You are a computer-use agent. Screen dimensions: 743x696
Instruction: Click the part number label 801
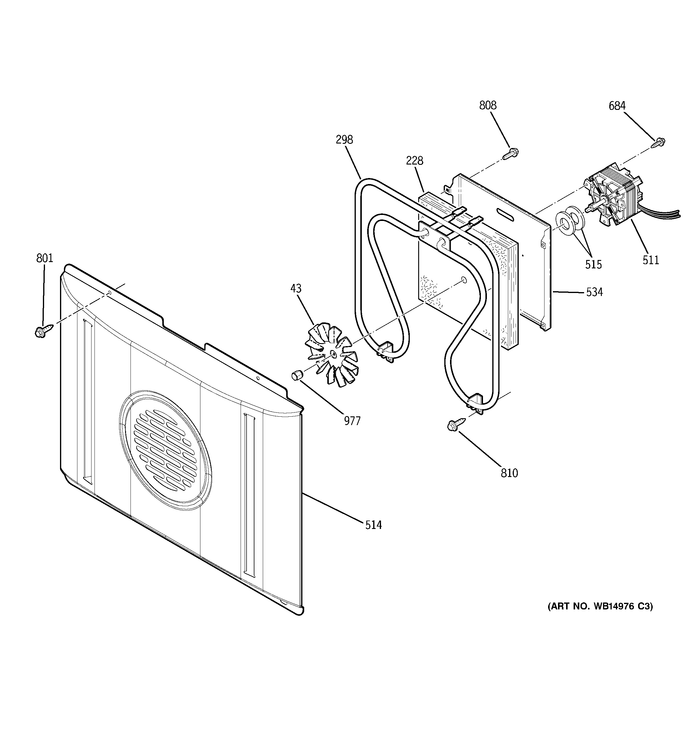44,258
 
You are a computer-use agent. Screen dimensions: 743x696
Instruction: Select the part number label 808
487,106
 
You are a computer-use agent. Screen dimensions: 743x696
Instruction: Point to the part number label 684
617,106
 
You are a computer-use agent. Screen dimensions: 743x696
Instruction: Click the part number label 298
344,140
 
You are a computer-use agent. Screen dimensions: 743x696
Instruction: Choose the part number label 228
414,161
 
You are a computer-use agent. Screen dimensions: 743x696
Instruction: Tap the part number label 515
593,264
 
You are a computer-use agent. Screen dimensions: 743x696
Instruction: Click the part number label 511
650,260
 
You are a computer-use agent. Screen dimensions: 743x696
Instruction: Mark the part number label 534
594,292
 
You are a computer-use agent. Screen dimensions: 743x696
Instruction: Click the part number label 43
295,288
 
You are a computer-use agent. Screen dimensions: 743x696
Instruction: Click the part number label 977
352,421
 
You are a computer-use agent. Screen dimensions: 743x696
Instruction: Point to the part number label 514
373,525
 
